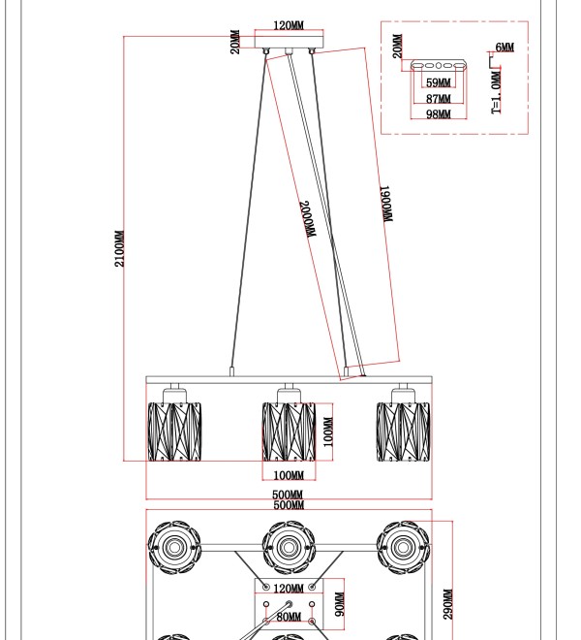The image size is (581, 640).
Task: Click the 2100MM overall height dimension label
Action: click(x=119, y=248)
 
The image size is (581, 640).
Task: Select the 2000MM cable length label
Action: click(x=308, y=219)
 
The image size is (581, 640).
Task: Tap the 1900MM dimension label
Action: click(x=386, y=204)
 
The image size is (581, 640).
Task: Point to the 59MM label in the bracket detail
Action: click(x=439, y=82)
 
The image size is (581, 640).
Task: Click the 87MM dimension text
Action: click(x=439, y=99)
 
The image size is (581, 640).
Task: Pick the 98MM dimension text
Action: click(x=439, y=114)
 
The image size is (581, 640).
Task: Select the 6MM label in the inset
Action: click(x=505, y=48)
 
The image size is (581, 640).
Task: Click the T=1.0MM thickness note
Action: click(x=496, y=92)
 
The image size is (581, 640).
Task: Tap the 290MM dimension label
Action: click(x=447, y=604)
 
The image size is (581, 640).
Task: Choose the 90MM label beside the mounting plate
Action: click(x=339, y=604)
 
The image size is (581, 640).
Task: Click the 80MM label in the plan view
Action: click(x=289, y=617)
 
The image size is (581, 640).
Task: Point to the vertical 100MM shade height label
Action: click(x=328, y=432)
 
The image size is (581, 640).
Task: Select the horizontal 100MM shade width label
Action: click(x=289, y=475)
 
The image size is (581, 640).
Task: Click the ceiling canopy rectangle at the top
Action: click(x=290, y=42)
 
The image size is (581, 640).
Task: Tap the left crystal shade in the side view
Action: click(x=174, y=432)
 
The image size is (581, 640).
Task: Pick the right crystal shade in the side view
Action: click(x=403, y=432)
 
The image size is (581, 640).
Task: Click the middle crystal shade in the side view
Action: click(x=289, y=432)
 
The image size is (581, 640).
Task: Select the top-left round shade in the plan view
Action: click(x=174, y=547)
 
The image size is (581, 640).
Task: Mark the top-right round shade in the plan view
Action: click(x=403, y=547)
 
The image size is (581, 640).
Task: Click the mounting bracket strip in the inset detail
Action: click(x=439, y=65)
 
